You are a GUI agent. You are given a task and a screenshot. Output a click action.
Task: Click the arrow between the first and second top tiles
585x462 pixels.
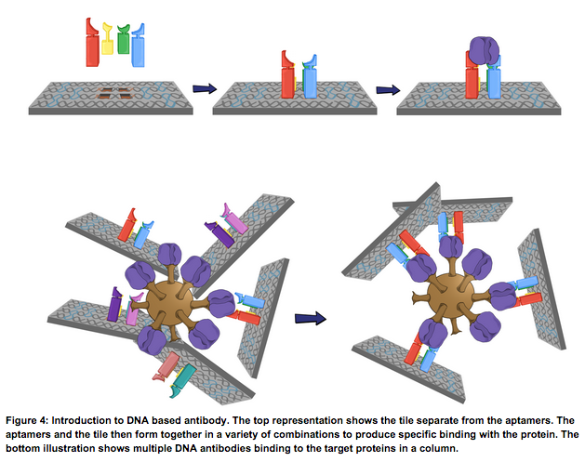204,89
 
